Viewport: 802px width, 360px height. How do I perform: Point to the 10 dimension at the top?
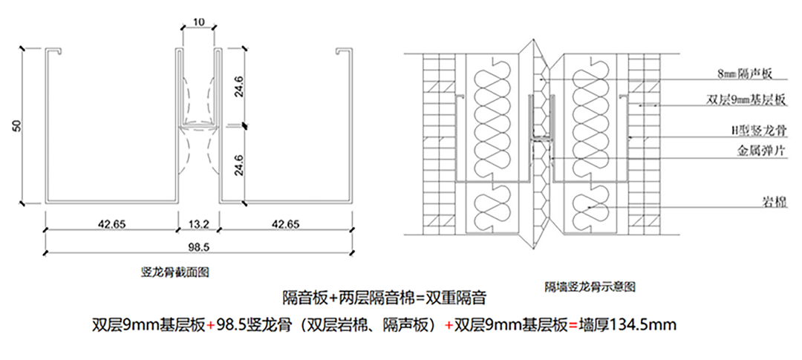(198, 22)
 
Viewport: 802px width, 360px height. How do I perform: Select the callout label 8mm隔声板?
(746, 73)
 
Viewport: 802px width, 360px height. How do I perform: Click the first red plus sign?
(210, 324)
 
